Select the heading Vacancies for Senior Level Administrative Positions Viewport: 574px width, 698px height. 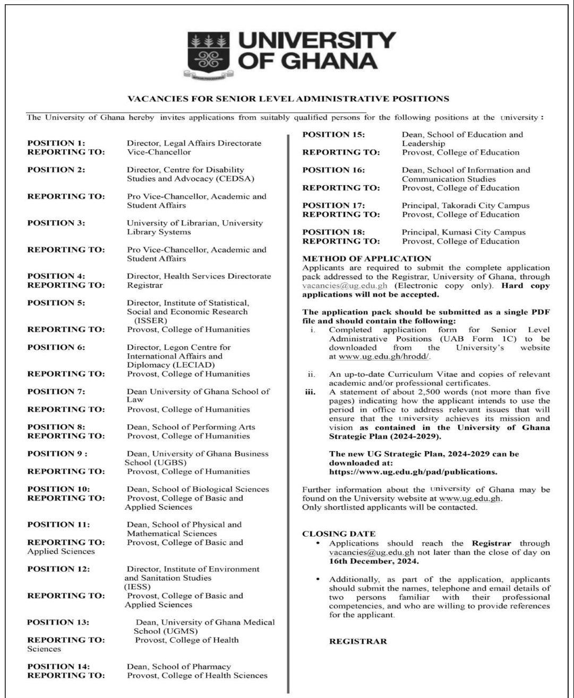[x=289, y=99]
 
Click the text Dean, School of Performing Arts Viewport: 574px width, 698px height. [x=191, y=427]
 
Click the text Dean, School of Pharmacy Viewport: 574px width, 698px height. [x=178, y=667]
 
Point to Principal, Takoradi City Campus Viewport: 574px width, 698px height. [x=465, y=205]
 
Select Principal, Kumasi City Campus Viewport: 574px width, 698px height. [x=464, y=232]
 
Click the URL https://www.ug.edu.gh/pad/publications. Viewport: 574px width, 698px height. [x=414, y=471]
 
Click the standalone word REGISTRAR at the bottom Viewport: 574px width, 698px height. [x=358, y=641]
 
